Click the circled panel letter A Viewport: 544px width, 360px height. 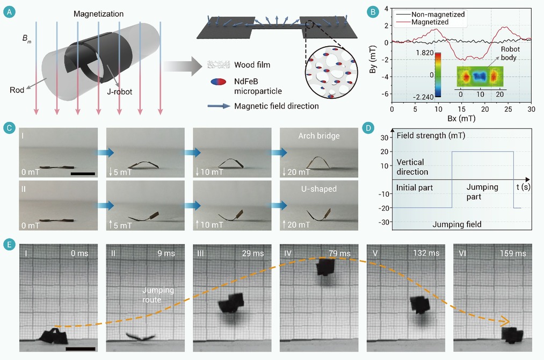click(x=9, y=12)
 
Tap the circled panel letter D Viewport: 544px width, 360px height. click(x=368, y=128)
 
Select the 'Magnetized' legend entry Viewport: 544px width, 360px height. click(x=430, y=22)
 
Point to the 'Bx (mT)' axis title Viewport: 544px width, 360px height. click(x=461, y=118)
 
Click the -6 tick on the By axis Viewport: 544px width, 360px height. click(x=385, y=93)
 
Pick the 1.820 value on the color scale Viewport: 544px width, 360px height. click(x=425, y=53)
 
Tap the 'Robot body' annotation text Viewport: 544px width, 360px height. click(x=510, y=53)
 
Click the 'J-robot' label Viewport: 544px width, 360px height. click(x=120, y=92)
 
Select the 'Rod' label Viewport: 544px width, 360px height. click(x=17, y=90)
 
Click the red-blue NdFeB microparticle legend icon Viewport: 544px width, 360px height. click(x=218, y=82)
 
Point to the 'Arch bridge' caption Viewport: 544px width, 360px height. click(x=319, y=136)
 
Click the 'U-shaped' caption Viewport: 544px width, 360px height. click(x=319, y=189)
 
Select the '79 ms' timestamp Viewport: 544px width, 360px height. click(x=339, y=254)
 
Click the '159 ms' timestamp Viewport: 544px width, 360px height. click(x=513, y=254)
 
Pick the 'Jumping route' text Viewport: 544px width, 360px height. click(x=158, y=295)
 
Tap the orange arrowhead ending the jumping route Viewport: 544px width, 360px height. click(x=505, y=322)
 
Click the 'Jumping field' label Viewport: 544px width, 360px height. click(x=457, y=224)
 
